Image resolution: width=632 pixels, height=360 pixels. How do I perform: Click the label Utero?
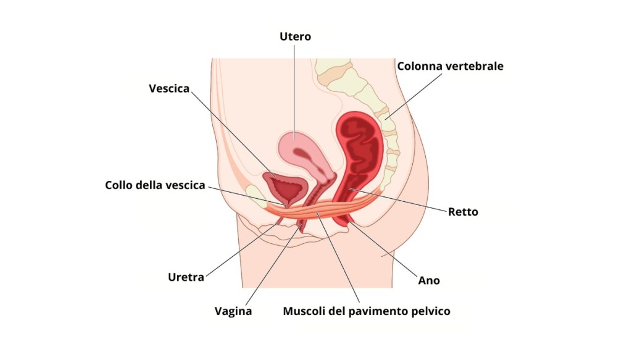(x=295, y=37)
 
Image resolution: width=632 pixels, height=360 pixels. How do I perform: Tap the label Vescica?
(x=169, y=88)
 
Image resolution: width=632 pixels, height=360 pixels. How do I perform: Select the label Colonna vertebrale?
(x=450, y=66)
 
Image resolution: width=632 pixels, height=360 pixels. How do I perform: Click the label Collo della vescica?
(x=155, y=185)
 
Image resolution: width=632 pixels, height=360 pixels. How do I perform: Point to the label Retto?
(x=464, y=212)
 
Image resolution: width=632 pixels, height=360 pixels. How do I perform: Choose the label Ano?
(x=429, y=280)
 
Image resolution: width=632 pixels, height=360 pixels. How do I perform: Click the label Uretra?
(x=186, y=277)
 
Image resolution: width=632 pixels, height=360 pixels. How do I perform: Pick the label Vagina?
(x=233, y=311)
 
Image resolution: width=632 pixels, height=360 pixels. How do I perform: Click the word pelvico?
(x=431, y=311)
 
